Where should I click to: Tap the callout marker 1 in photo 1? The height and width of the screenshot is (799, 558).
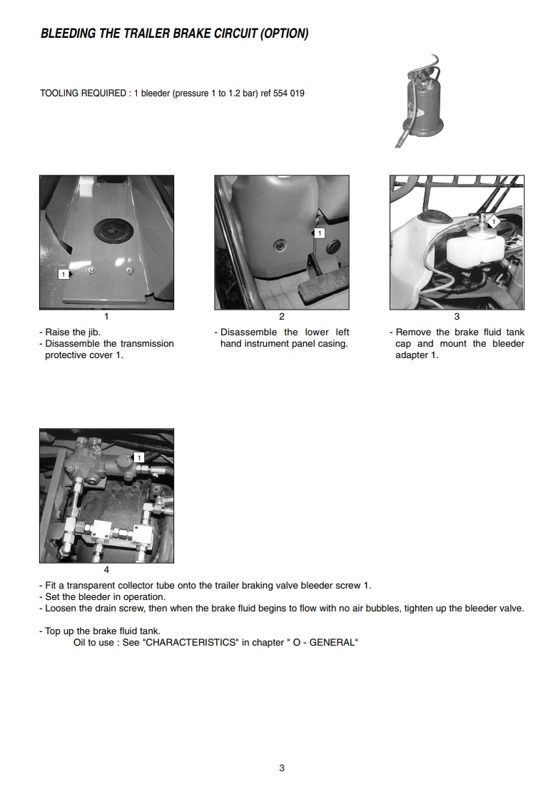pos(65,273)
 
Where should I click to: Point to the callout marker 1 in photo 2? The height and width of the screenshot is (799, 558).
pos(318,233)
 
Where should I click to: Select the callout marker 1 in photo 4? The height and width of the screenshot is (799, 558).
pos(138,457)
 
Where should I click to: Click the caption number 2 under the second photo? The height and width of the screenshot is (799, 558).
pos(282,316)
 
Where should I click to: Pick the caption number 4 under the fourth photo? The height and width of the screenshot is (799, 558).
pos(106,569)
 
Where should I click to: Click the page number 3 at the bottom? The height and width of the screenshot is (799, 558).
pos(282,768)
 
